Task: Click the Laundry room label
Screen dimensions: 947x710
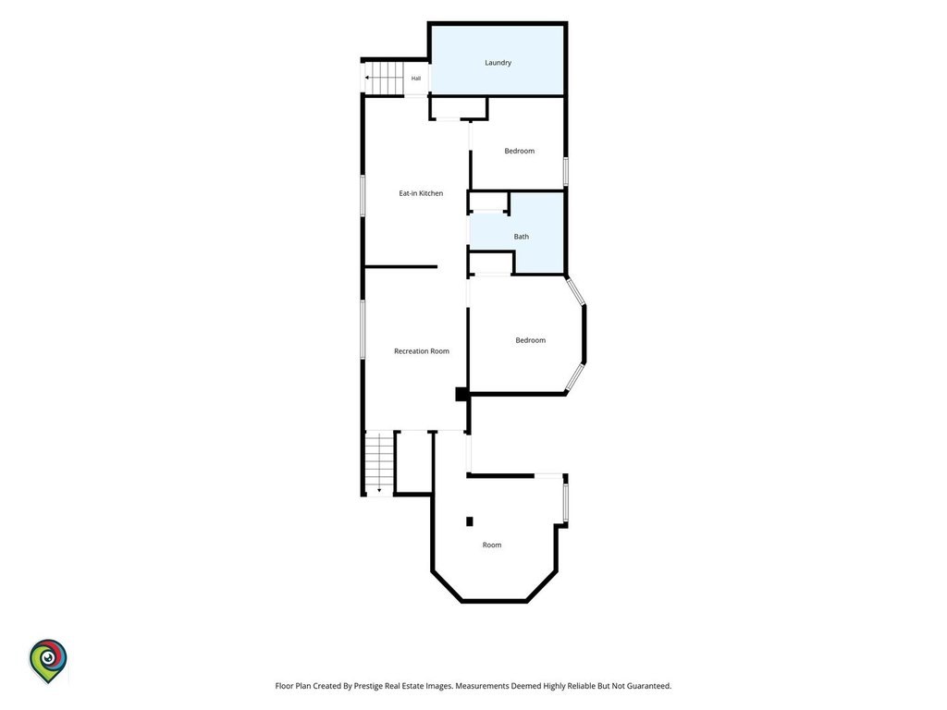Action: tap(498, 63)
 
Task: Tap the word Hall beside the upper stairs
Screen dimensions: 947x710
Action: tap(416, 79)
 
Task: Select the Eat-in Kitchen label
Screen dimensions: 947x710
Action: tap(421, 193)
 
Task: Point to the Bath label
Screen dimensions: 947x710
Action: tap(522, 237)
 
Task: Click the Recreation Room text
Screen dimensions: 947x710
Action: tap(422, 351)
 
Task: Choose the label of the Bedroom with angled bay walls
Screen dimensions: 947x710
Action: tap(530, 340)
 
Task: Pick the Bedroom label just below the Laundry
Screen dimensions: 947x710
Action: tap(520, 151)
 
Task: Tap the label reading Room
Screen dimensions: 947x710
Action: tap(492, 545)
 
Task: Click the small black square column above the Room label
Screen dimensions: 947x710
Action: tap(469, 521)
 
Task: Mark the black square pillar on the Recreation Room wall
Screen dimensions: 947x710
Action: tap(461, 394)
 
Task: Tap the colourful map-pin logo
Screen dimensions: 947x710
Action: tap(48, 661)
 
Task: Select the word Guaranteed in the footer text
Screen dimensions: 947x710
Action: tap(648, 686)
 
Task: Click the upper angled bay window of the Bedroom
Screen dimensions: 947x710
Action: tap(575, 291)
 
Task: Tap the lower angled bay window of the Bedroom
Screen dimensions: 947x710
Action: tap(575, 377)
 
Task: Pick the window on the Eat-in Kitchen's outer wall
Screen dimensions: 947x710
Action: tap(363, 196)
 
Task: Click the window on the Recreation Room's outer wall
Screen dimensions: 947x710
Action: tap(363, 330)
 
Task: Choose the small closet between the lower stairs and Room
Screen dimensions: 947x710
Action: tap(413, 462)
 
